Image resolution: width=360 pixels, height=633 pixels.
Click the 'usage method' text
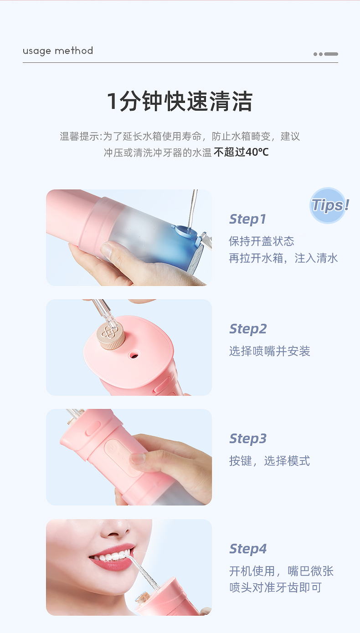[x=58, y=51]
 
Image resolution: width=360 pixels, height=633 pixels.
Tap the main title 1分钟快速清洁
[x=180, y=101]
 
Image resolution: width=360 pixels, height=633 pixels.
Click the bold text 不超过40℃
[x=241, y=152]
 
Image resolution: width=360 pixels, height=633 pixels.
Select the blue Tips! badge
[x=329, y=205]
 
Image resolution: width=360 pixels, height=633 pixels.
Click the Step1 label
[x=247, y=219]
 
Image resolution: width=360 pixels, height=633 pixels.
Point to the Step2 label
[x=248, y=329]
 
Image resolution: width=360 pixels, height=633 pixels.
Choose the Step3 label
[x=248, y=439]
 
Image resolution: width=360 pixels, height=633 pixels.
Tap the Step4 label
[x=248, y=549]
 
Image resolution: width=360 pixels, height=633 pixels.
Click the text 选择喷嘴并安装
[x=269, y=351]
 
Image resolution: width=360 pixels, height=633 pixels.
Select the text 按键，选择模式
[x=269, y=461]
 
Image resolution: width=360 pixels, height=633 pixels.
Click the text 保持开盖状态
[x=262, y=241]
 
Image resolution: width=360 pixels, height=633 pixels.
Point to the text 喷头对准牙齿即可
[x=275, y=587]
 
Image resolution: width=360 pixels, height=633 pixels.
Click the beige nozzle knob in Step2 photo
[x=112, y=336]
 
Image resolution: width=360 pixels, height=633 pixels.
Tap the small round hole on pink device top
[x=134, y=354]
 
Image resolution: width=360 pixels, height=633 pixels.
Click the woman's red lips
[x=109, y=559]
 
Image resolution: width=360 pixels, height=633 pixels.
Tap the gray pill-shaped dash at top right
[x=331, y=54]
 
